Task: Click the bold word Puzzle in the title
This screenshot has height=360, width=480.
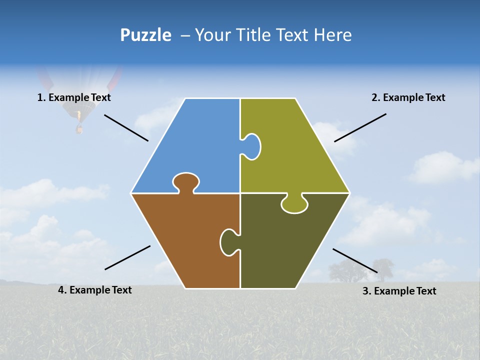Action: click(x=145, y=35)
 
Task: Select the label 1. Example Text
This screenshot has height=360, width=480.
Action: click(x=74, y=97)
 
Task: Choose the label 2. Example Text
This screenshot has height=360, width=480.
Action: click(x=408, y=97)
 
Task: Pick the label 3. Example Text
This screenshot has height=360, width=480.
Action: click(x=399, y=291)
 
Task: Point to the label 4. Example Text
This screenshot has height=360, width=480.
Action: click(x=95, y=290)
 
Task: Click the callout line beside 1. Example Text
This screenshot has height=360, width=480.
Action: click(x=126, y=127)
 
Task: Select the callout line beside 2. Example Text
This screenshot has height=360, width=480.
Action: click(x=360, y=127)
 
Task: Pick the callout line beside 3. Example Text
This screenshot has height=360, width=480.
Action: click(x=355, y=260)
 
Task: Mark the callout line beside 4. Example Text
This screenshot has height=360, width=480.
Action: click(x=127, y=257)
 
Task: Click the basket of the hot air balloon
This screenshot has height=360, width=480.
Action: click(x=79, y=129)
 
